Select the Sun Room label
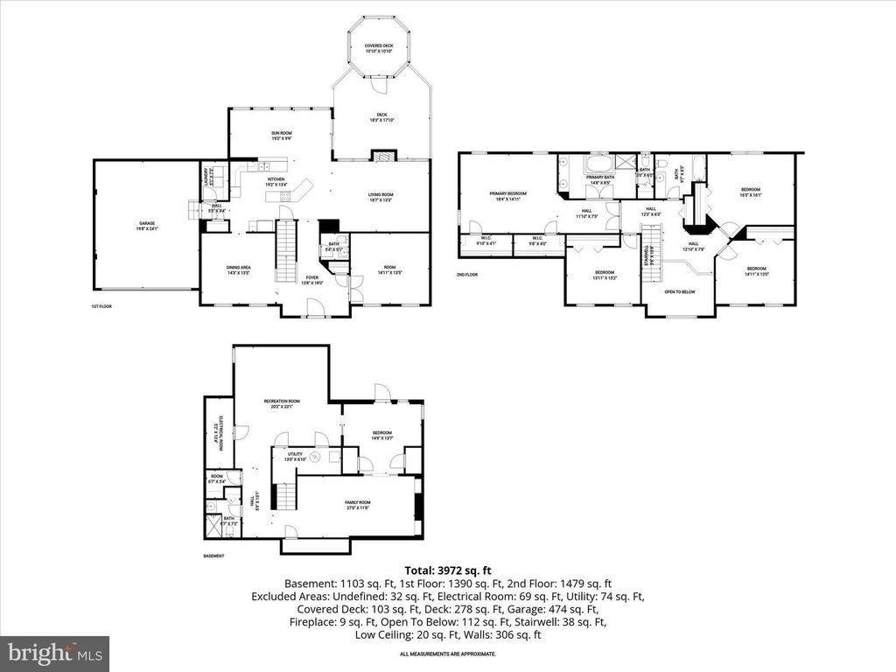[280, 135]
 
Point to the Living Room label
[380, 197]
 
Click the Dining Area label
[239, 269]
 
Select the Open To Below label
[679, 291]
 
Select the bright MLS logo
[54, 653]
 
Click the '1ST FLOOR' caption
[101, 307]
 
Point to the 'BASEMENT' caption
[213, 556]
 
